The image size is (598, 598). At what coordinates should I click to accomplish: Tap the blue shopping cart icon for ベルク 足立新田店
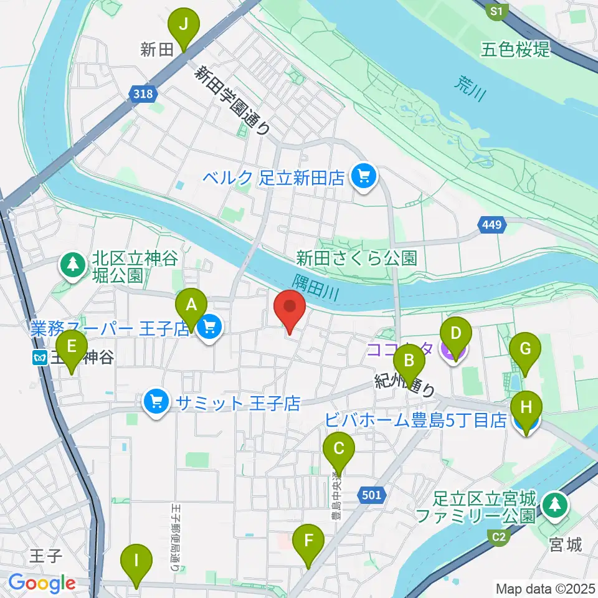tap(362, 177)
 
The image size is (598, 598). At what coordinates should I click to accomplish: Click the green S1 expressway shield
tap(496, 11)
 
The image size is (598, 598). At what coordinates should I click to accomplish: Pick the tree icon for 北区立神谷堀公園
tap(74, 265)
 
